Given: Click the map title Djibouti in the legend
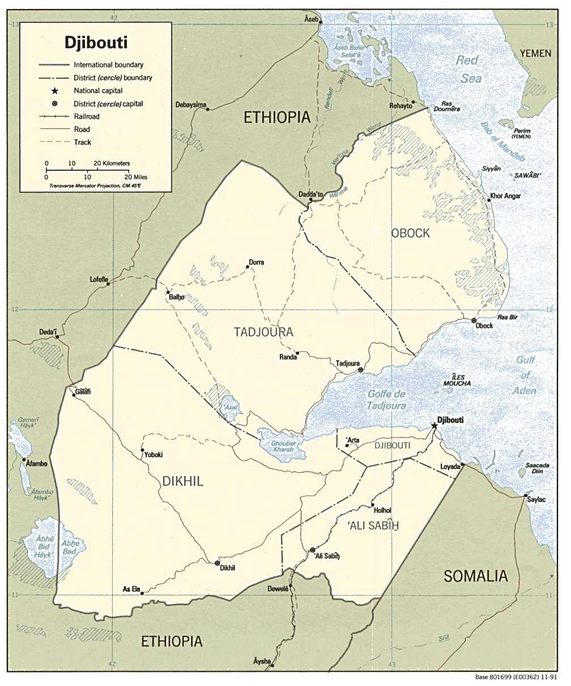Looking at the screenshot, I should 96,42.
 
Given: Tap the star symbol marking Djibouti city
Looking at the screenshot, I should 434,426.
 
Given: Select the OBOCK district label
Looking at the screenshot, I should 410,233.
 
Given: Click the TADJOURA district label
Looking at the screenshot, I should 263,332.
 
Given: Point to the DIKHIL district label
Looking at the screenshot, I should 182,482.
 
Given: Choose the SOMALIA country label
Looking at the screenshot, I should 475,576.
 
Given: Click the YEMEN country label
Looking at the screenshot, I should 535,53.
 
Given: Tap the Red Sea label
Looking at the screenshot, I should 468,69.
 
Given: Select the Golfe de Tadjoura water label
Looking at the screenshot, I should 386,400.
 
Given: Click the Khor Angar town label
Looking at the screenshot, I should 505,196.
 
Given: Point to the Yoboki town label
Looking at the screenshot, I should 154,455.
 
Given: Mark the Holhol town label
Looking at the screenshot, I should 382,511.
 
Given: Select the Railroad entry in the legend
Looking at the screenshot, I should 86,117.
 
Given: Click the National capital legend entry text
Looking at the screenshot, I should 98,91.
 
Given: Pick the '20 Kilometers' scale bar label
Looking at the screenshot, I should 112,164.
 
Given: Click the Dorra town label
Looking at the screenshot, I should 256,263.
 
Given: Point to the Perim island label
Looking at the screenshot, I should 522,131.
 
